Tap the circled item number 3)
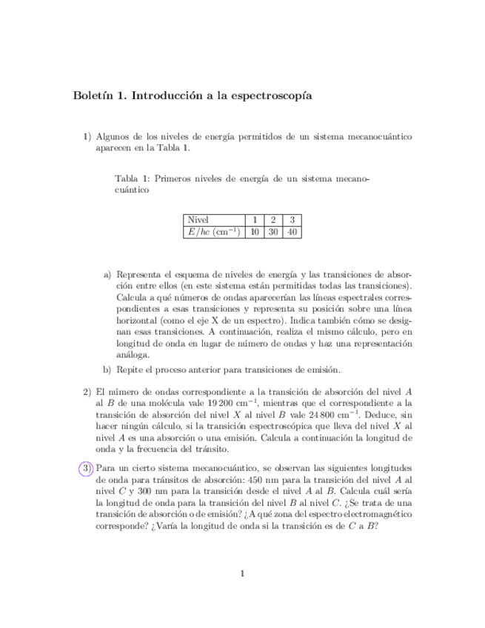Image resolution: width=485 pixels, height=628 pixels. [x=87, y=468]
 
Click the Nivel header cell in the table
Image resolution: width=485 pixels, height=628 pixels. [x=198, y=220]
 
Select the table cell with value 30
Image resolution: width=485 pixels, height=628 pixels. [x=273, y=232]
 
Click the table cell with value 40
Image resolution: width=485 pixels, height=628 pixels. [x=293, y=232]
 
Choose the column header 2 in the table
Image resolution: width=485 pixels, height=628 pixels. [x=273, y=220]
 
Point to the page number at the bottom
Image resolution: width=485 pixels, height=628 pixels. [x=242, y=572]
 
